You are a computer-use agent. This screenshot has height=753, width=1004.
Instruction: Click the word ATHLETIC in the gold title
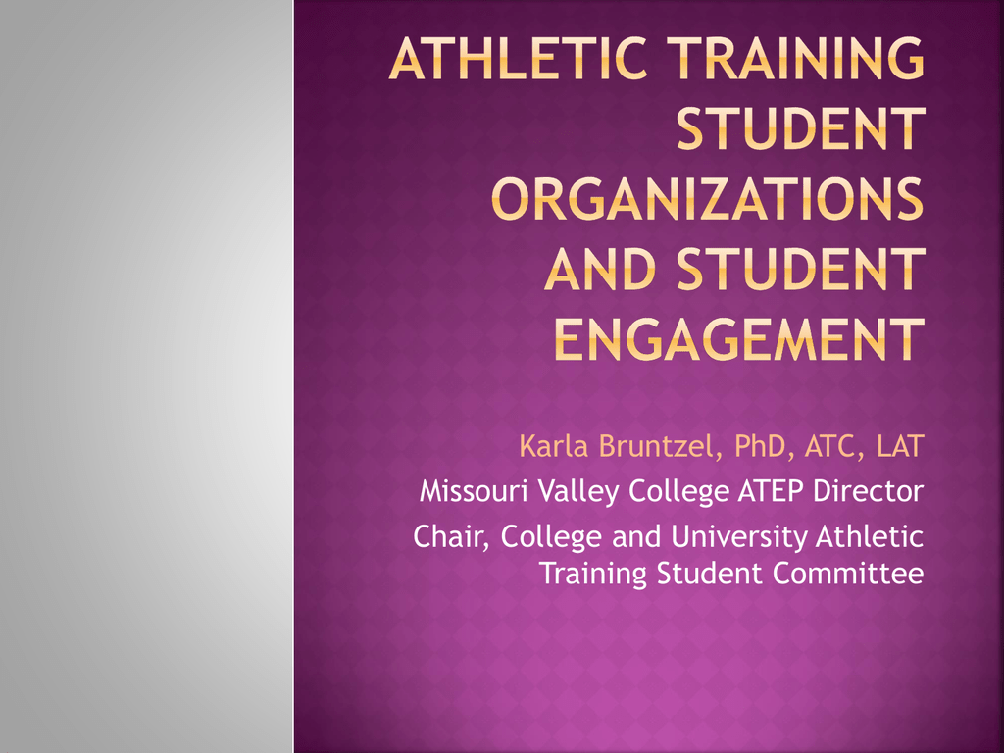(x=519, y=58)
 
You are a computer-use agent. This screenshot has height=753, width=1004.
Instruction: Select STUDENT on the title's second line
(x=801, y=128)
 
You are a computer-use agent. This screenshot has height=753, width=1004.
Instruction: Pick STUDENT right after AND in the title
(x=801, y=269)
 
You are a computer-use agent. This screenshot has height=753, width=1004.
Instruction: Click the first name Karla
(x=554, y=446)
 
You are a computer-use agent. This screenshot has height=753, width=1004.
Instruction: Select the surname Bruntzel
(x=661, y=446)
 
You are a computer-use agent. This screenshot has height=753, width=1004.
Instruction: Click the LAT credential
(x=900, y=446)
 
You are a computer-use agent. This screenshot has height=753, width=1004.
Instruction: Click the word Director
(x=869, y=491)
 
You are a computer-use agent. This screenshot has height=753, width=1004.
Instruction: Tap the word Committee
(x=848, y=573)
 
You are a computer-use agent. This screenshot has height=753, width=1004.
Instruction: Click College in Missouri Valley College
(x=678, y=492)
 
